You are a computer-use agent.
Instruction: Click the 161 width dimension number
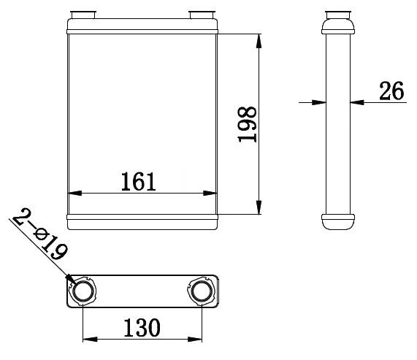coord(139,180)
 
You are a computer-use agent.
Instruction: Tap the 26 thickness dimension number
coord(391,91)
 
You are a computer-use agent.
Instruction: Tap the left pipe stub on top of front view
coord(80,15)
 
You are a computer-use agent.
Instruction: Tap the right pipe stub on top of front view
coord(199,15)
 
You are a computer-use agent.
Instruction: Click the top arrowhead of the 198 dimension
coord(259,41)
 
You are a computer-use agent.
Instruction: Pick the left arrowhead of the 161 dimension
coord(74,194)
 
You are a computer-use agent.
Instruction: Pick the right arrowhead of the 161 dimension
coord(211,194)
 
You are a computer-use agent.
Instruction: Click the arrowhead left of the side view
coord(319,103)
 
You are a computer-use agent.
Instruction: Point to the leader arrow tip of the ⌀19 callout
coord(71,280)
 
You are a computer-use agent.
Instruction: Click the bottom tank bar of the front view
coord(142,219)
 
